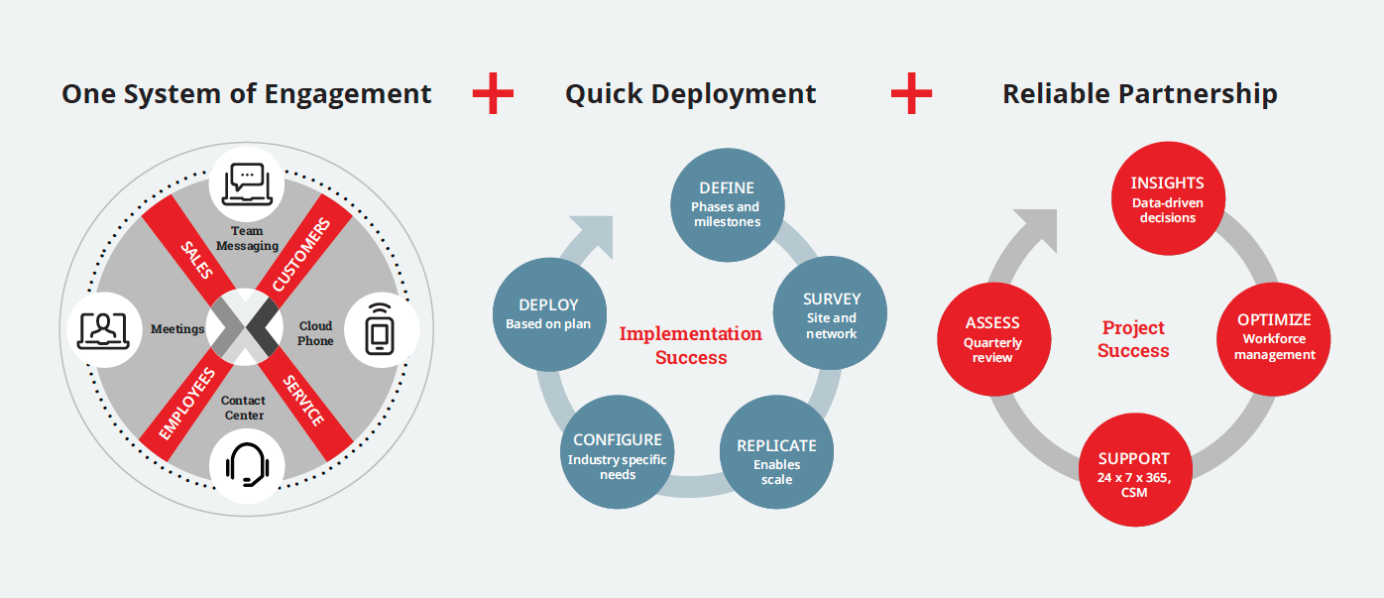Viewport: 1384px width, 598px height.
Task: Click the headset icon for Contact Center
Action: coord(247,464)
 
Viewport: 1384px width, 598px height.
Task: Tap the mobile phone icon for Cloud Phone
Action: coord(380,329)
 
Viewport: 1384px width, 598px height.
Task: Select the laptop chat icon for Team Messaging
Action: coord(247,183)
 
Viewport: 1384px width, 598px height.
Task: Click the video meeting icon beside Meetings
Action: coord(104,331)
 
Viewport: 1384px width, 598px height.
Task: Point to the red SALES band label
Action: coord(196,260)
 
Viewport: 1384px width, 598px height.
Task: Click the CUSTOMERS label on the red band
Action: coord(301,255)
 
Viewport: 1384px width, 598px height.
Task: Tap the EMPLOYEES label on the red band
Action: coord(187,404)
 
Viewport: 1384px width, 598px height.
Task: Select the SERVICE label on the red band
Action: coord(303,401)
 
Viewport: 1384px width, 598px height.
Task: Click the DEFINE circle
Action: coord(728,205)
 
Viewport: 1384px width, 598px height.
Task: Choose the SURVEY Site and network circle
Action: coord(831,313)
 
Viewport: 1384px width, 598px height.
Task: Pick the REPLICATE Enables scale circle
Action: coord(776,452)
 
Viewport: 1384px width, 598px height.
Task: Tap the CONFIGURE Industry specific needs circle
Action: coord(618,452)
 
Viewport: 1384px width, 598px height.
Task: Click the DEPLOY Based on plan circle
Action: coord(549,314)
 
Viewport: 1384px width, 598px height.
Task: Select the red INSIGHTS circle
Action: coord(1168,198)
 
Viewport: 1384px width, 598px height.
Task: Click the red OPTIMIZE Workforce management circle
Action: coord(1274,339)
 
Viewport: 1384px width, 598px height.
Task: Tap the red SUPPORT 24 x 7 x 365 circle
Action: coord(1135,469)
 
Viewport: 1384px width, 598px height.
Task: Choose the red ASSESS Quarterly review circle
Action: coord(994,339)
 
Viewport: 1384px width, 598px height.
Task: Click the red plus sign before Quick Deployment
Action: coord(493,93)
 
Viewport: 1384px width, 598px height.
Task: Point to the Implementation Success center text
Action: coord(691,345)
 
